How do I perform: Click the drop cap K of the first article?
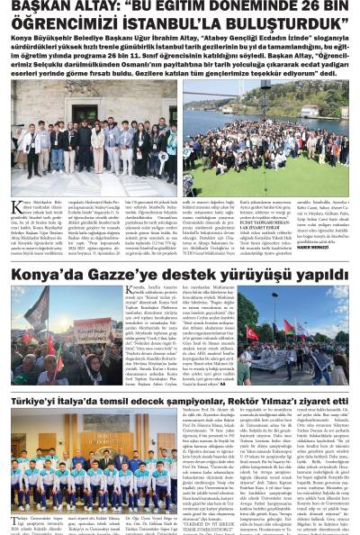pos(17,208)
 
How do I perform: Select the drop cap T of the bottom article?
pos(15,521)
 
